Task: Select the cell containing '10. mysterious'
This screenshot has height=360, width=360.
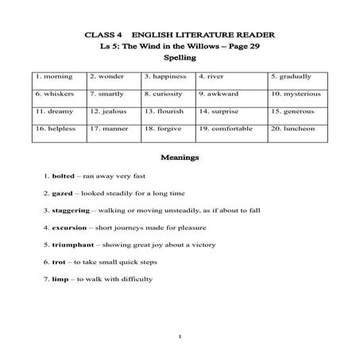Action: pyautogui.click(x=297, y=94)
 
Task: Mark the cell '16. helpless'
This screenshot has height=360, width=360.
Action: pyautogui.click(x=55, y=128)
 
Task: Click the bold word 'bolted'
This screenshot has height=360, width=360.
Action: pyautogui.click(x=63, y=175)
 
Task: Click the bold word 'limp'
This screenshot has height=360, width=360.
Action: pyautogui.click(x=60, y=279)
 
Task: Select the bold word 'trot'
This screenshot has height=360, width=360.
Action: pyautogui.click(x=58, y=261)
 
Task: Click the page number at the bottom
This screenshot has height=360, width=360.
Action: pyautogui.click(x=180, y=337)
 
